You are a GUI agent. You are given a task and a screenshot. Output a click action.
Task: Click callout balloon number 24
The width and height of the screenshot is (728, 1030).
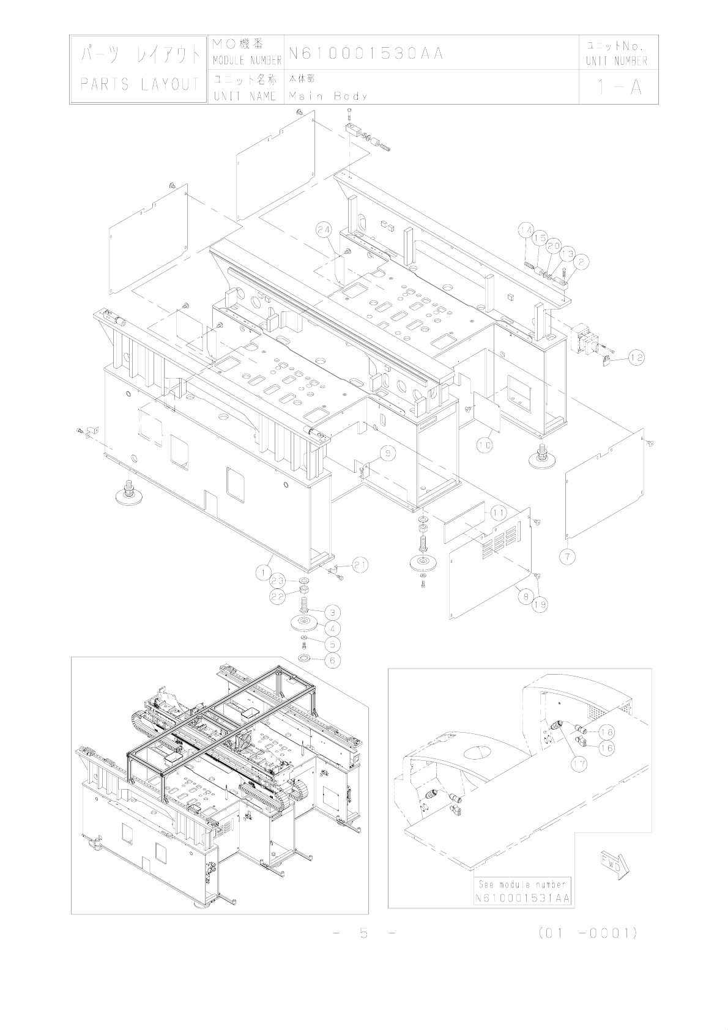pos(325,230)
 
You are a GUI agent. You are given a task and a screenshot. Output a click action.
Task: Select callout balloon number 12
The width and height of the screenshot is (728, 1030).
pos(636,357)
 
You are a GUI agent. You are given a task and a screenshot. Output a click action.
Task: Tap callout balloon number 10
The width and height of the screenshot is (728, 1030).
pos(484,445)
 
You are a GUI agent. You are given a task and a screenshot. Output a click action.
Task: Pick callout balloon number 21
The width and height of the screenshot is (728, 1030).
pos(360,565)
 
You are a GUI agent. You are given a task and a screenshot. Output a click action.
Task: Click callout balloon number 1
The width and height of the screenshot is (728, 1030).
pos(263,572)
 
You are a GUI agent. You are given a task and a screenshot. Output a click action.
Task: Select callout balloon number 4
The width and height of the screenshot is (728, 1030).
pos(332,628)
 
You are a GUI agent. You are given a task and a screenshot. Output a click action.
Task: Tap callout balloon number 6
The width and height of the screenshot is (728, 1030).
pos(332,660)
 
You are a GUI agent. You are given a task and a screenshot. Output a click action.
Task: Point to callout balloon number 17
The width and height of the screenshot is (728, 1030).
pos(578,763)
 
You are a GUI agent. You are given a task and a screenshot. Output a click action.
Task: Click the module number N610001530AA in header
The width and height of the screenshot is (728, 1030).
pos(366,54)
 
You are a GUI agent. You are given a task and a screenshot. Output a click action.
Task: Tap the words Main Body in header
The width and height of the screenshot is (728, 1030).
pos(329,96)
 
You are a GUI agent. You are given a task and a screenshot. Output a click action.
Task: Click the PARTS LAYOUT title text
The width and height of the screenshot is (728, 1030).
pos(139,84)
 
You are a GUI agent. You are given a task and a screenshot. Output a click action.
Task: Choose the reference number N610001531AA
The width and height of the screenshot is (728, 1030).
pos(522,898)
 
